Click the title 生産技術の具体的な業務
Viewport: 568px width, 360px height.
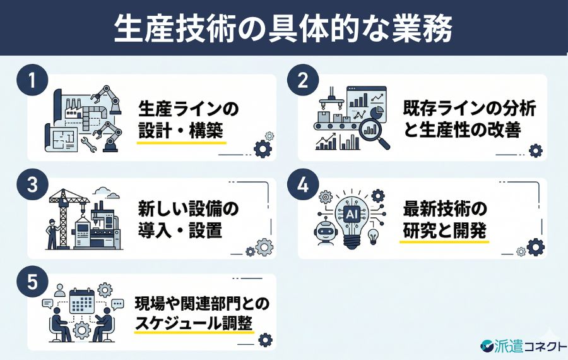pyautogui.click(x=283, y=29)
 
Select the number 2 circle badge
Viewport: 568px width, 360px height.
pyautogui.click(x=301, y=82)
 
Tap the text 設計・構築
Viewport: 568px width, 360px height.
pyautogui.click(x=181, y=129)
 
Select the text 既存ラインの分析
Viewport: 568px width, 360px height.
pyautogui.click(x=470, y=108)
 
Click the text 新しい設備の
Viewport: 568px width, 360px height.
pyautogui.click(x=189, y=208)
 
